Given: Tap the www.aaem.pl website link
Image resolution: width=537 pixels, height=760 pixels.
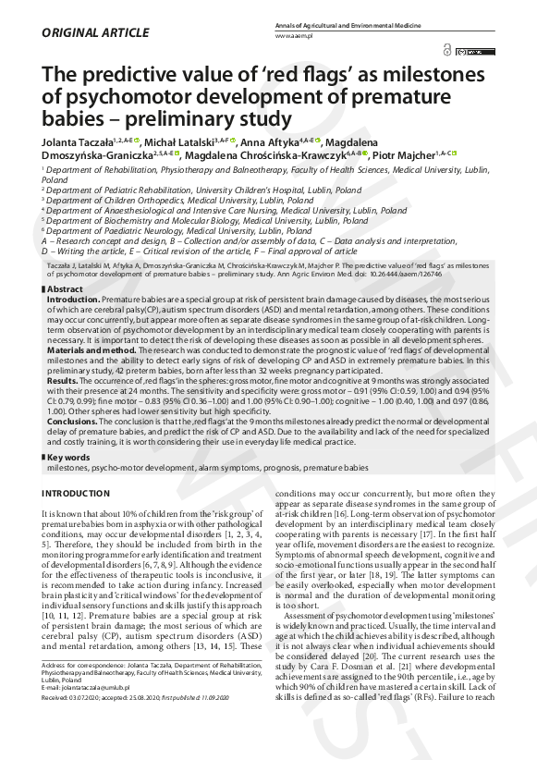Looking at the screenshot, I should click(294, 34).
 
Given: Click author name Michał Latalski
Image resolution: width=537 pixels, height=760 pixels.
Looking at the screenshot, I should click(185, 141).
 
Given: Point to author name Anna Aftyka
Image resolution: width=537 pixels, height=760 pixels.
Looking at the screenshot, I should click(269, 141).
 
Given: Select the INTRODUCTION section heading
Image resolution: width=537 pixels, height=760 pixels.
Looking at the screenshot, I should click(75, 494).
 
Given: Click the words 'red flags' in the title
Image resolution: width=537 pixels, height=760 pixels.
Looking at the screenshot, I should click(278, 74).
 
